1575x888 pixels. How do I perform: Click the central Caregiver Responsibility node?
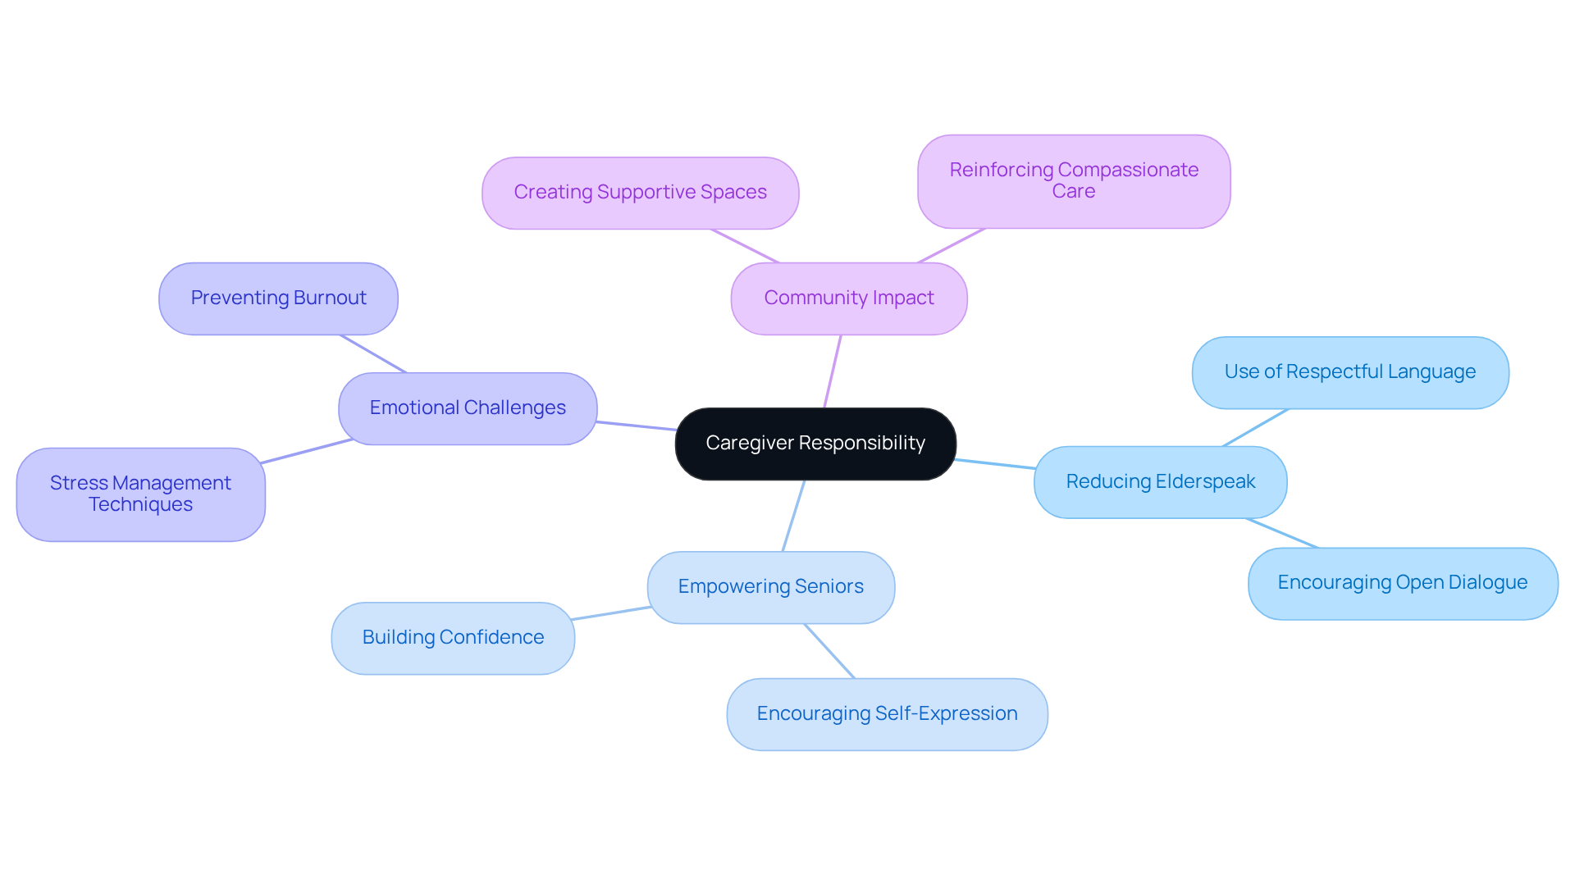[815, 444]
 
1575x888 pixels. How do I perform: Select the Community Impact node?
[849, 298]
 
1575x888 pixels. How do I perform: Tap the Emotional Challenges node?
[468, 408]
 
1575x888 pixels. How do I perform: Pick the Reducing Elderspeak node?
[1160, 482]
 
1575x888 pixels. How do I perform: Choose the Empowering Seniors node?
[770, 587]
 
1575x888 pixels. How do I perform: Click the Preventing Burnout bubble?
[278, 298]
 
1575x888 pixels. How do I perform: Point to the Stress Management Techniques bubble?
[140, 494]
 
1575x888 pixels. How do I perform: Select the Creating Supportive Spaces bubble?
[640, 193]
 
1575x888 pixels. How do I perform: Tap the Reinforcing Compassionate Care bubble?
[1073, 181]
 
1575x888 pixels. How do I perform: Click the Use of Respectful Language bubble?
[1349, 372]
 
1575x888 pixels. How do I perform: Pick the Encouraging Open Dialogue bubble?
[1402, 583]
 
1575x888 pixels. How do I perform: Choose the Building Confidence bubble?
[453, 638]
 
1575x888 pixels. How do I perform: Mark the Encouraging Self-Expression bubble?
[887, 714]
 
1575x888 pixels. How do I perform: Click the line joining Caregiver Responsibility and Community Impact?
[833, 371]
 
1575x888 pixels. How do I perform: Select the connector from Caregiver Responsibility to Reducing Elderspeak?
[995, 464]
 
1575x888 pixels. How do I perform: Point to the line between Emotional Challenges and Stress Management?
[307, 451]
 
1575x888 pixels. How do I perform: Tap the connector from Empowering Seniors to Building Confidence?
[611, 613]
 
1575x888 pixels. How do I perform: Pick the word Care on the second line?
[1073, 192]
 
